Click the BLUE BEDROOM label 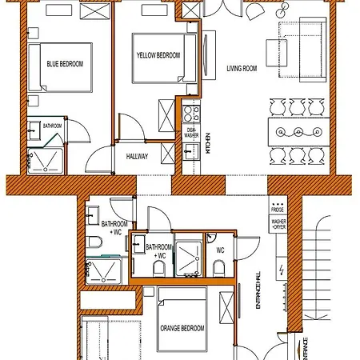pos(64,65)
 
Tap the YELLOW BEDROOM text pos(157,54)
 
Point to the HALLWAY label pos(137,156)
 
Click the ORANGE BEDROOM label pos(182,328)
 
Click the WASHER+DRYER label pos(278,224)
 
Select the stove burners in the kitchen pos(190,110)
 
